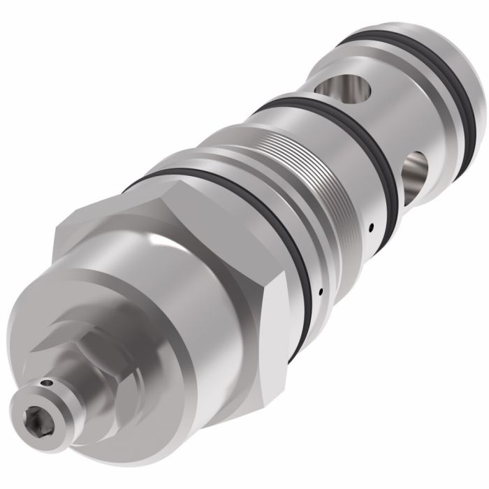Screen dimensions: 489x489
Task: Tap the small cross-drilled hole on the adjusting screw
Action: point(47,383)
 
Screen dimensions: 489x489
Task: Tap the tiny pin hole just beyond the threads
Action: point(372,226)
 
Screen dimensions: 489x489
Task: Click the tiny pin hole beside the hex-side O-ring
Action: point(319,291)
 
